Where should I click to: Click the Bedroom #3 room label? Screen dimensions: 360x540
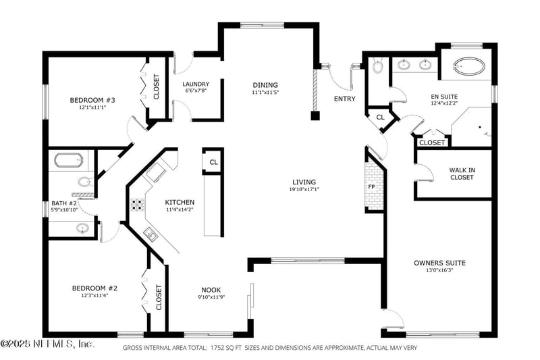[88, 100]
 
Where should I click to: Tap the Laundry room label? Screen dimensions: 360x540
[196, 84]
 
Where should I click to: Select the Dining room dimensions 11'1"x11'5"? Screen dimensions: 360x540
[265, 92]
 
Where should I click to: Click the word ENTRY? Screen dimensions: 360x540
[344, 99]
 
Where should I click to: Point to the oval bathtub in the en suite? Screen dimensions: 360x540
[467, 66]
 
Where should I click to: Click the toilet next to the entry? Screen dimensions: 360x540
[377, 66]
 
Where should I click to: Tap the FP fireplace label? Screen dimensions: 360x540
[371, 186]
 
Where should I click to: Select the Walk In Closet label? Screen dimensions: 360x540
[462, 174]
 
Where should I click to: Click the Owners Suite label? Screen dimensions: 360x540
[439, 263]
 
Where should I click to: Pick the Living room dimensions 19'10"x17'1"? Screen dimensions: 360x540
[304, 190]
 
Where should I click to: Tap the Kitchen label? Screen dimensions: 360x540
[180, 202]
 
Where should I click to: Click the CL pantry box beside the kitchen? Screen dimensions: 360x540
[213, 162]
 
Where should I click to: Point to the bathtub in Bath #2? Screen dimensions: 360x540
[69, 161]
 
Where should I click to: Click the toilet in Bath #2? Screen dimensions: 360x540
[85, 181]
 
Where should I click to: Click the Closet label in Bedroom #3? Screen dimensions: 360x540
[157, 86]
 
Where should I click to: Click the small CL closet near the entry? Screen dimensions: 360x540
[380, 118]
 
